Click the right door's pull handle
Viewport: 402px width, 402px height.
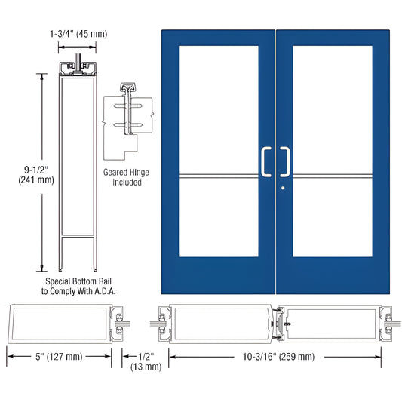[286, 161]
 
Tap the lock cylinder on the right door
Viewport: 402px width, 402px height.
[282, 188]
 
